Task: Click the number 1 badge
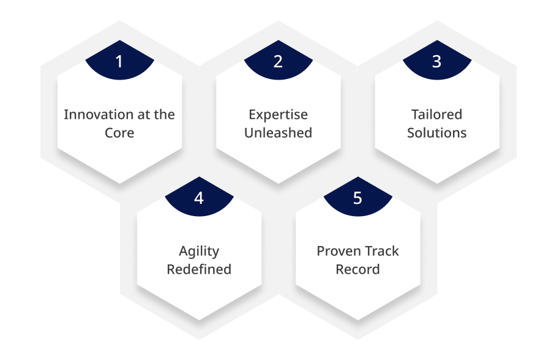tap(120, 61)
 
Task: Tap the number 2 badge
tap(278, 61)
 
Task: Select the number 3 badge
tap(437, 61)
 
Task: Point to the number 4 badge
tap(199, 197)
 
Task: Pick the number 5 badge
tap(357, 197)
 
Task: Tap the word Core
tap(119, 133)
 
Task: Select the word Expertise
tap(278, 115)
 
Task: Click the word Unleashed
tap(278, 133)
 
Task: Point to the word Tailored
tap(437, 114)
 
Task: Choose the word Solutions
tap(437, 133)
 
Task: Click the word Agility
tap(199, 252)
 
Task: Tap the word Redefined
tap(199, 269)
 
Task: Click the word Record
tap(357, 269)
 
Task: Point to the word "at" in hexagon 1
tap(143, 115)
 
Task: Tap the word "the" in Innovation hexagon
tap(164, 114)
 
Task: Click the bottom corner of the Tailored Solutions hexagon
tap(437, 184)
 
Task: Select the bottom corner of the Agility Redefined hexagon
tap(199, 320)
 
